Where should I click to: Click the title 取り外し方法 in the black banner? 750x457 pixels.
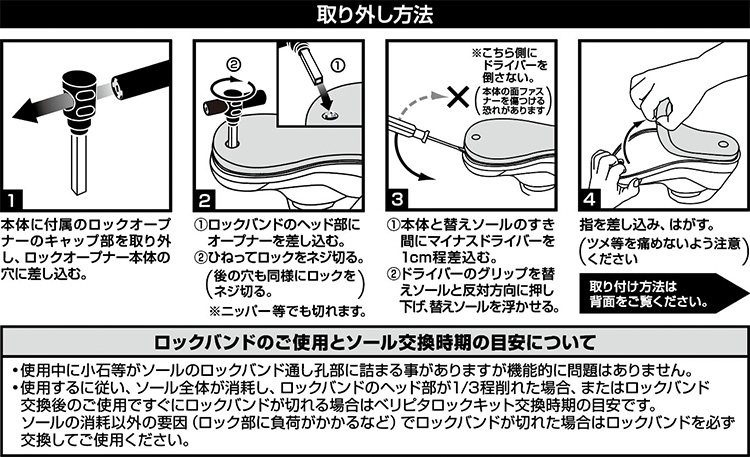[x=375, y=14]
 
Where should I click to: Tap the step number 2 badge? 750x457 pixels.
[x=204, y=200]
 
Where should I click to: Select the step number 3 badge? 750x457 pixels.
[x=397, y=200]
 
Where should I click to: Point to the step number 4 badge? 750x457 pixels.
[x=590, y=200]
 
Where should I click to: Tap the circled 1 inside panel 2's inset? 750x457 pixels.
[x=338, y=66]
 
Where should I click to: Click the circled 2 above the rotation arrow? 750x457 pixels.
[x=233, y=65]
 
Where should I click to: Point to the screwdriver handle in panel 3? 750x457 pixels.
[x=406, y=129]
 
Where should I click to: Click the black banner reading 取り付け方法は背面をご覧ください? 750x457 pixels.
[x=660, y=293]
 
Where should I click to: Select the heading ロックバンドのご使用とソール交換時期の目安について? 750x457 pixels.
[x=375, y=342]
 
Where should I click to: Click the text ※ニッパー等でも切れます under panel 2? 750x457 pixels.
[x=287, y=311]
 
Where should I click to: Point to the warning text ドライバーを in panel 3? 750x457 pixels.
[x=515, y=64]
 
